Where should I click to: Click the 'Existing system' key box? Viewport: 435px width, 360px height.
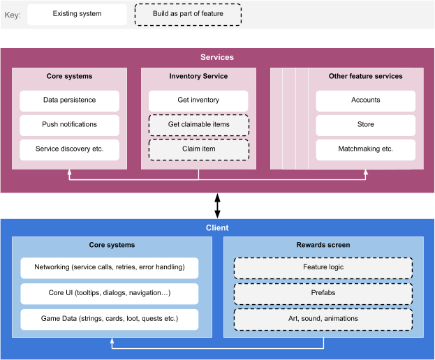[77, 14]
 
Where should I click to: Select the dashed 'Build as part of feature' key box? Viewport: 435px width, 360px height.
[188, 14]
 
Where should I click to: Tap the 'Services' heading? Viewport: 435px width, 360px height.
[217, 57]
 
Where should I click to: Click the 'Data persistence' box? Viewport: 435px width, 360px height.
[69, 100]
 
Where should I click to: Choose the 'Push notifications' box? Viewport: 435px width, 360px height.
[69, 125]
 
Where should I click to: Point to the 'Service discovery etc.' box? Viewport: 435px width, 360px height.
[69, 149]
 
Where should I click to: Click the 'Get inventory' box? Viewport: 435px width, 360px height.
[198, 100]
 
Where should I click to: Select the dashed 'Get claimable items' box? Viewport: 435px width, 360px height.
[198, 125]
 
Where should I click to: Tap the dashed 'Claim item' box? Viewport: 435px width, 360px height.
[198, 149]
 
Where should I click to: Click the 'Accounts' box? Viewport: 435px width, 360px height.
[365, 100]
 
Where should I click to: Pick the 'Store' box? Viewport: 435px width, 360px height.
[365, 125]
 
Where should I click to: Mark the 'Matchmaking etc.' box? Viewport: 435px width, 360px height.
[365, 149]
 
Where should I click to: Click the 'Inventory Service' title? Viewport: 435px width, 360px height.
[198, 76]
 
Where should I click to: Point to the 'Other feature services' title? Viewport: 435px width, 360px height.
[365, 76]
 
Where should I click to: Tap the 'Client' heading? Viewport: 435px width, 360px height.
[217, 228]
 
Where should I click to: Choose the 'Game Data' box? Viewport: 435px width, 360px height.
[109, 319]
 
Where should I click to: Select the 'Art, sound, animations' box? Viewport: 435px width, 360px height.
[323, 319]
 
